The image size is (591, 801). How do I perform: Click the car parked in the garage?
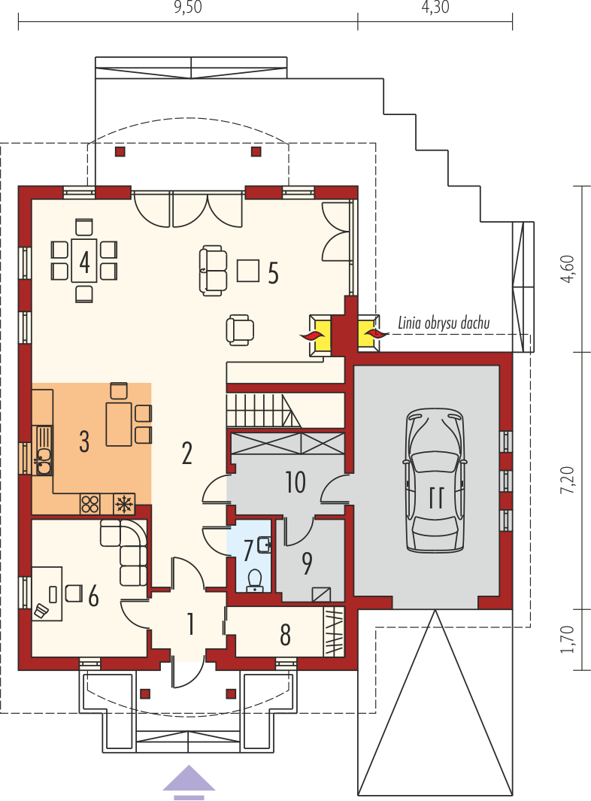click(x=435, y=480)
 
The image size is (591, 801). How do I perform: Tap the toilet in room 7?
click(x=254, y=581)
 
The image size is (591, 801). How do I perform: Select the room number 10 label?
click(x=295, y=482)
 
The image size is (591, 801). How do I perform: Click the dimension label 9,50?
click(x=188, y=8)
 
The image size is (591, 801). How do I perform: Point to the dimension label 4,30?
click(x=435, y=8)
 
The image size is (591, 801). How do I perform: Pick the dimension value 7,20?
click(x=568, y=480)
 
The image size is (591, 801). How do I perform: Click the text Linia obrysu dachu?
click(x=444, y=323)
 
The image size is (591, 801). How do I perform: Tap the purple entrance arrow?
click(x=189, y=782)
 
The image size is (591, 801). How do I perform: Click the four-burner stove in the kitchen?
click(x=90, y=504)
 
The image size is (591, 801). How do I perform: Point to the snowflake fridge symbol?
click(x=123, y=504)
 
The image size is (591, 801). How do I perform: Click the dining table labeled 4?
click(x=84, y=260)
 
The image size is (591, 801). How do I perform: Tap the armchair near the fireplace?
click(x=240, y=329)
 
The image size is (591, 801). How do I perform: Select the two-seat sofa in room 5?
click(x=213, y=270)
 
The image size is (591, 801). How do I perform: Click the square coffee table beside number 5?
click(x=248, y=270)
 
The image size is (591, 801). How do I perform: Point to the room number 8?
click(x=286, y=635)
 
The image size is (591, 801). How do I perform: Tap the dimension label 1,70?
click(x=568, y=639)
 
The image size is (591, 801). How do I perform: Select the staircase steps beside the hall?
click(x=263, y=410)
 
